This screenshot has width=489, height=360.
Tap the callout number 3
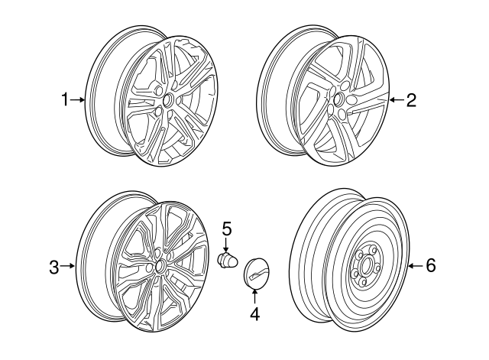point(53,267)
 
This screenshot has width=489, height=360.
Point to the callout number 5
point(226,227)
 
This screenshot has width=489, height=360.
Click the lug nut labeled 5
point(227,261)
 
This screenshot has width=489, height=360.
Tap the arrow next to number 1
point(79,99)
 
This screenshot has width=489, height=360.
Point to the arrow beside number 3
point(68,267)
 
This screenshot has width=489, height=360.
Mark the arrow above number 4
point(254,297)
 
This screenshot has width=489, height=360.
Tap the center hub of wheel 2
point(336,99)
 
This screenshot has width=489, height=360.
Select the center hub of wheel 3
point(160,265)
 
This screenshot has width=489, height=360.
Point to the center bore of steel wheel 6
point(364,268)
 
